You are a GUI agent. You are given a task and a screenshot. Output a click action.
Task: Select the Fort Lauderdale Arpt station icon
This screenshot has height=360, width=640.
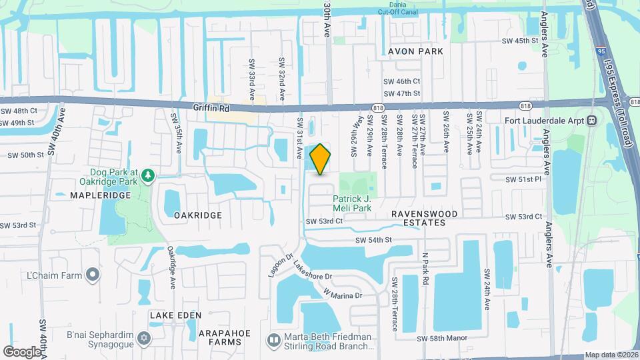[x=591, y=121]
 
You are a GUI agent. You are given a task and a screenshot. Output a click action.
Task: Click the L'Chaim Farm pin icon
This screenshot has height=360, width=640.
[x=93, y=275]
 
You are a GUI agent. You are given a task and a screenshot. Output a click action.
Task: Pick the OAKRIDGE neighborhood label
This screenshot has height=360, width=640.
[x=197, y=215]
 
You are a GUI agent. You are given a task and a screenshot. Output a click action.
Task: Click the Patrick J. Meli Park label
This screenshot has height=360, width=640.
[x=352, y=203]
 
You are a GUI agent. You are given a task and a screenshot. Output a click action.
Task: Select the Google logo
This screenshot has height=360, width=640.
[x=22, y=351]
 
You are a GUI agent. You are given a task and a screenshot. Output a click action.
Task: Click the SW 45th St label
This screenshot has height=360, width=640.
[x=519, y=41]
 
